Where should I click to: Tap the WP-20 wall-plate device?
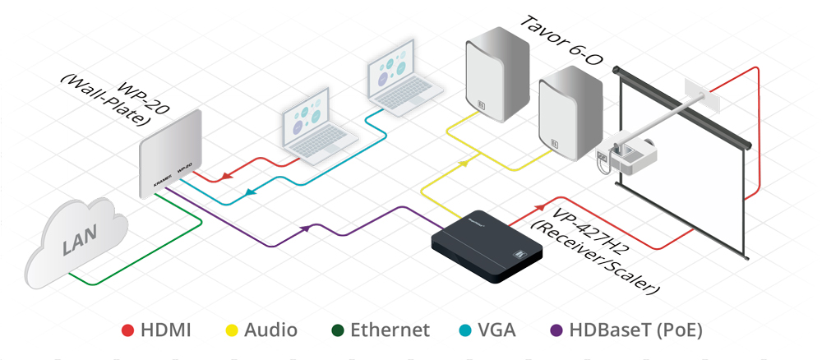[x=169, y=149]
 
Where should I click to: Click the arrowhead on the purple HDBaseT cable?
[x=307, y=228]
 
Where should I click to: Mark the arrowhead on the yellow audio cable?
[x=464, y=164]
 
